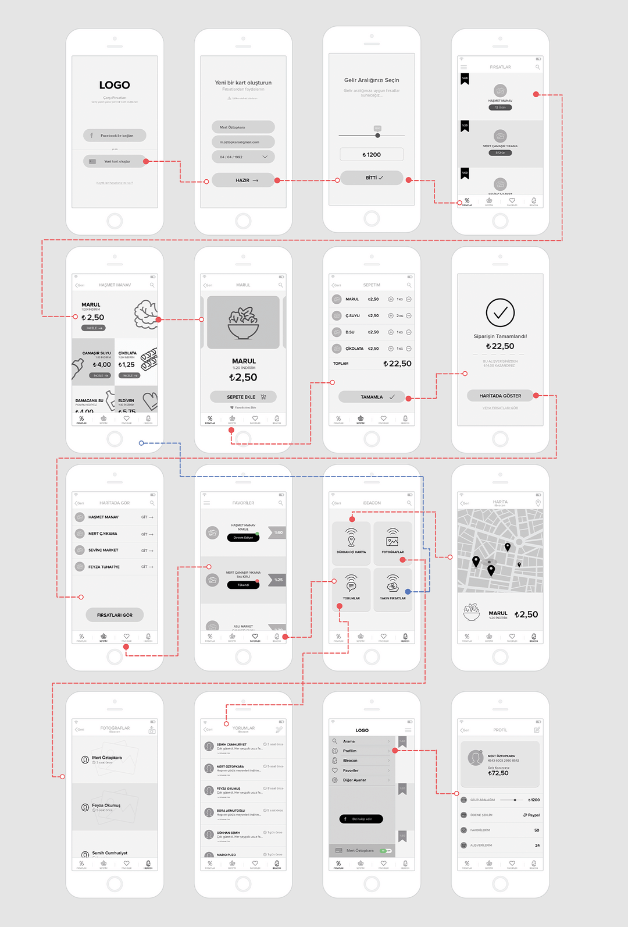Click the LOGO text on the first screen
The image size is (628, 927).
115,85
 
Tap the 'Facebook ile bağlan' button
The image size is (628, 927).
115,136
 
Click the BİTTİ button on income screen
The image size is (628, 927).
372,177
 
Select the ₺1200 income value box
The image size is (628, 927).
372,155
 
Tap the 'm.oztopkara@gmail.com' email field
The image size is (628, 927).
242,142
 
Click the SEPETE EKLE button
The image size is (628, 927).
243,397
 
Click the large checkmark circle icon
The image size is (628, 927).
500,312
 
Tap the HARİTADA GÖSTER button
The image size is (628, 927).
500,396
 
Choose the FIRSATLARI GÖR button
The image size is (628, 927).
115,615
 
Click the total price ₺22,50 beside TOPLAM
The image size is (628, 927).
398,363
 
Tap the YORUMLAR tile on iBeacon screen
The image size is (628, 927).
351,587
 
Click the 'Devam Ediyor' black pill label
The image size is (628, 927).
243,538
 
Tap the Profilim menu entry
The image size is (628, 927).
351,751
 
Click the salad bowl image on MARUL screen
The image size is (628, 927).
243,322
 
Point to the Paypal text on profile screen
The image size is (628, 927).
532,815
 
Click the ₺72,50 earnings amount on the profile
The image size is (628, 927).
498,773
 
